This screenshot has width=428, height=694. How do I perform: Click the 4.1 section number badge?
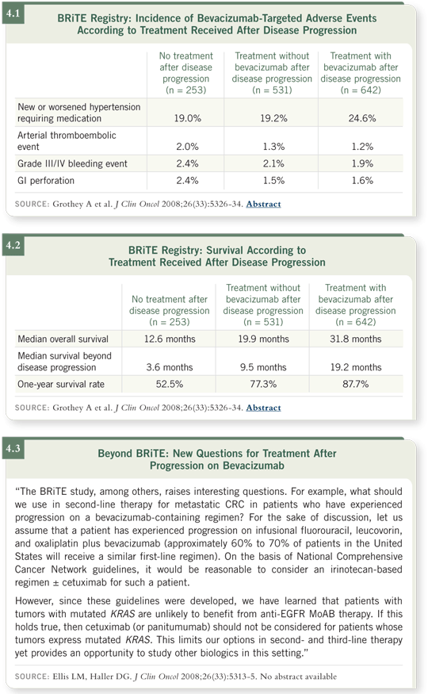coord(13,13)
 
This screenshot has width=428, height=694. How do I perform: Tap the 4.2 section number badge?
coord(13,245)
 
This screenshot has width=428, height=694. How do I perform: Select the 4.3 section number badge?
coord(13,448)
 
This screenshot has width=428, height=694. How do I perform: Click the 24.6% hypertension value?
coord(362,118)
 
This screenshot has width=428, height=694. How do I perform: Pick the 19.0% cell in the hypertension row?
coord(188,118)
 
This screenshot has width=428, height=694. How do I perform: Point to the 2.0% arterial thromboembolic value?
coord(188,147)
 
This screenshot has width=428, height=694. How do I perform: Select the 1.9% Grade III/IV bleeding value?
coord(362,163)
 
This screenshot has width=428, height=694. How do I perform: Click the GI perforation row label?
coord(46,181)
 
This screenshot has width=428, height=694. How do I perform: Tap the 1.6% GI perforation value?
coord(362,181)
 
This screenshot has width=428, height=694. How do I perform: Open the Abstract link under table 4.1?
coord(263,204)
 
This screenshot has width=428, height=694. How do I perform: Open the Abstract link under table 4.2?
coord(263,408)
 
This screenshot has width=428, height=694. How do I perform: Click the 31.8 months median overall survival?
coord(356,339)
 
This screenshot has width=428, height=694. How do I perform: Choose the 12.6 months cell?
coord(170,339)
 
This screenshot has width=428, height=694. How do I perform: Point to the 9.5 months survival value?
coord(263,367)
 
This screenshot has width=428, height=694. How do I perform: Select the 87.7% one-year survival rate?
coord(356,384)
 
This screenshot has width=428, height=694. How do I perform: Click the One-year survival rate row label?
coord(61,384)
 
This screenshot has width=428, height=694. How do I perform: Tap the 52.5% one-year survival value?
coord(170,384)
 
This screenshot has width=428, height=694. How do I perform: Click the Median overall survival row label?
coord(63,339)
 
